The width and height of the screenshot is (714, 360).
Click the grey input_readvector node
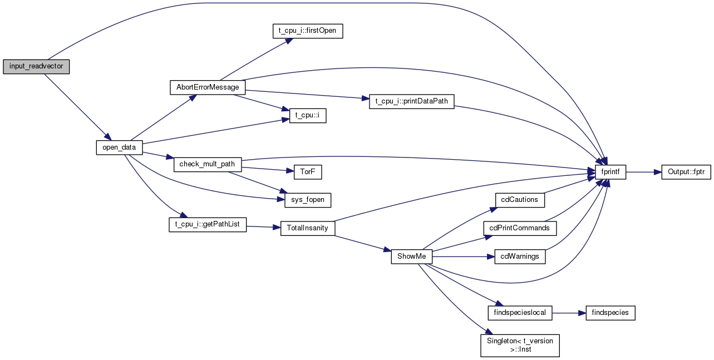pyautogui.click(x=36, y=67)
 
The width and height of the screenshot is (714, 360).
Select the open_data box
pyautogui.click(x=119, y=147)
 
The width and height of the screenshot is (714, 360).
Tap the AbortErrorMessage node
pyautogui.click(x=208, y=87)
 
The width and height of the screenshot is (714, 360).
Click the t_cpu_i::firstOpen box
pyautogui.click(x=308, y=31)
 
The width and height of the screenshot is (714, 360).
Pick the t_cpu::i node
pyautogui.click(x=308, y=116)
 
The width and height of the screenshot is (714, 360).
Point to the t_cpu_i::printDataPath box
pyautogui.click(x=411, y=102)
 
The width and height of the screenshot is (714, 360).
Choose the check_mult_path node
pyautogui.click(x=208, y=164)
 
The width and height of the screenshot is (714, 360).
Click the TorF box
pyautogui.click(x=308, y=172)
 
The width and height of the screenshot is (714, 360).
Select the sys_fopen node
pyautogui.click(x=308, y=200)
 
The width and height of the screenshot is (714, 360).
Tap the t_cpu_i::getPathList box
pyautogui.click(x=208, y=225)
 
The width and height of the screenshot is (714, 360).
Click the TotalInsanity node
pyautogui.click(x=308, y=229)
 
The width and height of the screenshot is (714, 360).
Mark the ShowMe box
pyautogui.click(x=411, y=257)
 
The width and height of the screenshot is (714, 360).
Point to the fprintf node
pyautogui.click(x=610, y=172)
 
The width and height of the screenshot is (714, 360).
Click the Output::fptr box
pyautogui.click(x=686, y=172)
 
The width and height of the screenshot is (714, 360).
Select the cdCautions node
pyautogui.click(x=520, y=200)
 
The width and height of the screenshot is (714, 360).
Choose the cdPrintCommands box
pyautogui.click(x=520, y=229)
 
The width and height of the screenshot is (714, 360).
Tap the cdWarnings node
pyautogui.click(x=520, y=257)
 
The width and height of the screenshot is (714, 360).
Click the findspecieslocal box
pyautogui.click(x=520, y=313)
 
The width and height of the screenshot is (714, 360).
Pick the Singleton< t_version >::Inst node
pyautogui.click(x=520, y=346)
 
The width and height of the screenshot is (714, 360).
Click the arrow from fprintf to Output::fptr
pyautogui.click(x=643, y=172)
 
